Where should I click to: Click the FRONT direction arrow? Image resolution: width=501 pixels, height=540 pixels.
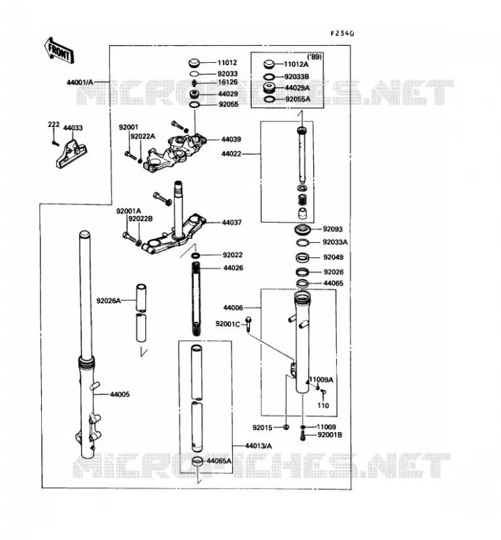(x=59, y=51)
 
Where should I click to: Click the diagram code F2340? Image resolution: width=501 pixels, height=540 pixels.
(x=342, y=33)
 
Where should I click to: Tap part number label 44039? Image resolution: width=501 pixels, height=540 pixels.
(x=231, y=139)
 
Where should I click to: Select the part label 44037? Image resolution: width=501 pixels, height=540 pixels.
(x=232, y=223)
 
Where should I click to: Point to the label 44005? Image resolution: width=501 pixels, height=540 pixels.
(x=120, y=394)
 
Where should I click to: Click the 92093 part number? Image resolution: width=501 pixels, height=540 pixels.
(x=332, y=229)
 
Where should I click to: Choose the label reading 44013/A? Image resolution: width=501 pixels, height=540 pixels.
(x=258, y=446)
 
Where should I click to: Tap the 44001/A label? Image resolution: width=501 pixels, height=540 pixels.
(x=80, y=82)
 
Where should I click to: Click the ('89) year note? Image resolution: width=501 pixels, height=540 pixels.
(x=314, y=57)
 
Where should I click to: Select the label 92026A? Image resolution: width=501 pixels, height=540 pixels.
(x=109, y=300)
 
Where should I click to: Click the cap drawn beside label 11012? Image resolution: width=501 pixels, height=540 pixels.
(x=194, y=63)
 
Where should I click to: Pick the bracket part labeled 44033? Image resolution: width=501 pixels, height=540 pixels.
(x=72, y=154)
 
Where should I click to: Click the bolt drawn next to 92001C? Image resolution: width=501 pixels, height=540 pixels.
(x=248, y=324)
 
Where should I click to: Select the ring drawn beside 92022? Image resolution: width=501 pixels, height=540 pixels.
(x=195, y=255)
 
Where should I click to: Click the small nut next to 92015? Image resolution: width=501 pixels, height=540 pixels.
(x=286, y=427)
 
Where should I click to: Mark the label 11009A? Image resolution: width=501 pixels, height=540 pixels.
(x=321, y=380)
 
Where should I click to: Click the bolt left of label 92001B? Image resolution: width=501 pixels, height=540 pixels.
(x=303, y=435)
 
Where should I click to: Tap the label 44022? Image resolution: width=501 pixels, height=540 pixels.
(x=231, y=154)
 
